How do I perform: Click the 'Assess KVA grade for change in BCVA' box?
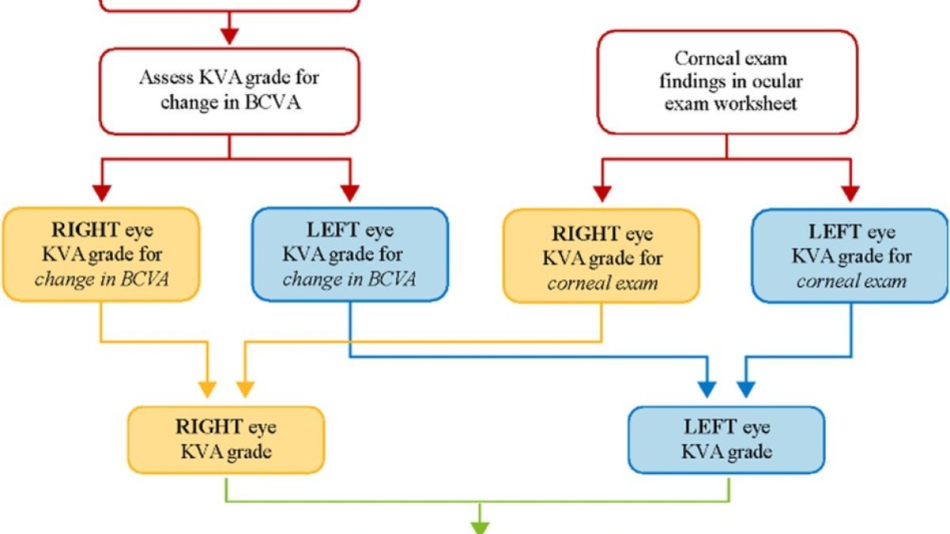click(x=230, y=92)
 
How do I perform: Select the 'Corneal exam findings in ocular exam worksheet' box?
click(x=728, y=82)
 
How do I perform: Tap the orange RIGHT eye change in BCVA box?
click(x=101, y=254)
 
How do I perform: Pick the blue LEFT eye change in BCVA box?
click(x=350, y=254)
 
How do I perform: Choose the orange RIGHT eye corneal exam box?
click(x=602, y=256)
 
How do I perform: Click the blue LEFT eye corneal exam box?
click(x=850, y=256)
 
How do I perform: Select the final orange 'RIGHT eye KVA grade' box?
click(x=226, y=440)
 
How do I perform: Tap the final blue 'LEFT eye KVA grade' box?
click(x=727, y=440)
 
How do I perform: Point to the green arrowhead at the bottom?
click(x=480, y=528)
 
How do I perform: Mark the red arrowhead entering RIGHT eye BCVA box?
click(x=102, y=193)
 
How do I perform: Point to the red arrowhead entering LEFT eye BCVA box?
click(x=350, y=193)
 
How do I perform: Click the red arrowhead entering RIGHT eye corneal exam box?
click(x=602, y=194)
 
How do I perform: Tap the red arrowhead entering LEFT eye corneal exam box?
click(x=850, y=194)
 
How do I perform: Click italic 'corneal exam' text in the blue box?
click(x=852, y=281)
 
